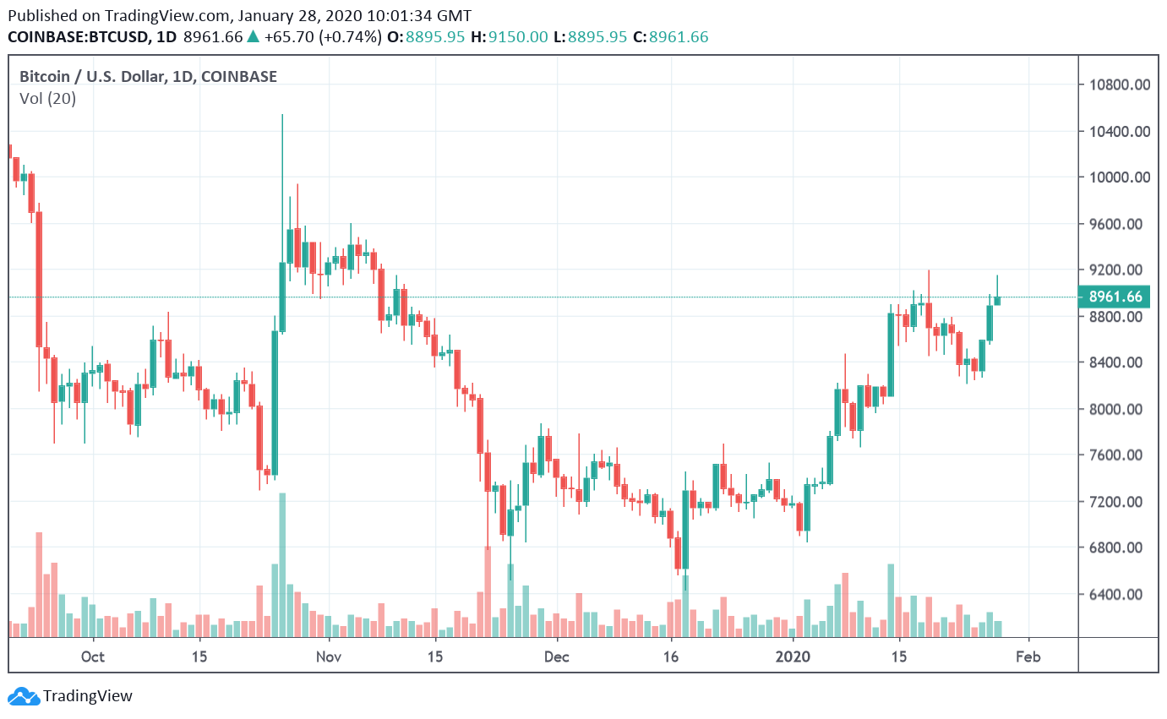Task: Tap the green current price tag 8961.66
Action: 1115,297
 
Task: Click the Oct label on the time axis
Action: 93,657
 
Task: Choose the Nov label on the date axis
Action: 329,657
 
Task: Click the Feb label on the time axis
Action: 1028,657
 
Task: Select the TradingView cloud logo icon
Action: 24,697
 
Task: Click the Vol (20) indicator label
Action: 47,99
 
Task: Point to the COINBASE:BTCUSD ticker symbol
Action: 79,37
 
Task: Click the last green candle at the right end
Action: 997,300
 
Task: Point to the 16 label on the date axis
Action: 672,657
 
